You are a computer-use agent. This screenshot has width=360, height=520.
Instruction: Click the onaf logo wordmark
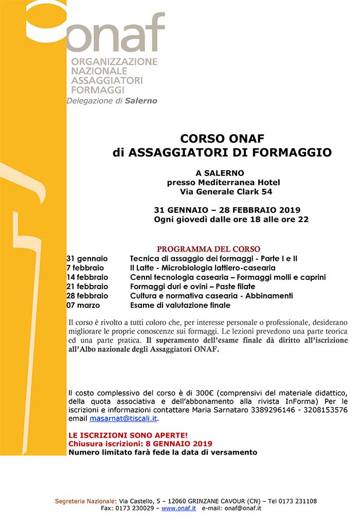(116, 33)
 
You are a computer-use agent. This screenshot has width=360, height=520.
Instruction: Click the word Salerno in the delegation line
(141, 101)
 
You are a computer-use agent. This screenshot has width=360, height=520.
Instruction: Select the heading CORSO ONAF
(222, 138)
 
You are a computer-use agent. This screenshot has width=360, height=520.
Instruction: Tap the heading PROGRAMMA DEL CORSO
(208, 249)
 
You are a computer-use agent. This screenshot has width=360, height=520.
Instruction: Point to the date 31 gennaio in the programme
(87, 258)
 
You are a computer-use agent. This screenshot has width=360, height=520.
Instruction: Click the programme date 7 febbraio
(85, 268)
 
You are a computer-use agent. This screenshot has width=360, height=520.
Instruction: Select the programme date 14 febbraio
(87, 277)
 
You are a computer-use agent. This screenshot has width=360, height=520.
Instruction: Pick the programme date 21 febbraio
(87, 286)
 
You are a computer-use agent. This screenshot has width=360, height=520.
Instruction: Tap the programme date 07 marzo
(83, 305)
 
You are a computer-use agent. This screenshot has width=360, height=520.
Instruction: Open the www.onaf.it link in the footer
(178, 508)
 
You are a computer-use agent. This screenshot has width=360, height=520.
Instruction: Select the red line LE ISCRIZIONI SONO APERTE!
(121, 435)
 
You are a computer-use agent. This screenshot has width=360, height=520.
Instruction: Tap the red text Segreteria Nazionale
(86, 501)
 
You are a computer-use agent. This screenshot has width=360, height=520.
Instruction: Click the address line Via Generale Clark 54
(226, 192)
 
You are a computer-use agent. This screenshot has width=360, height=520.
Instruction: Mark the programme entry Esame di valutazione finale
(180, 305)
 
